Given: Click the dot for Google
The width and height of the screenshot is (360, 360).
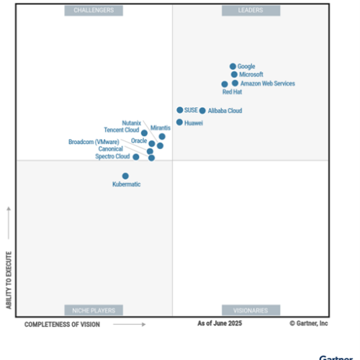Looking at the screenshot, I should [233, 66].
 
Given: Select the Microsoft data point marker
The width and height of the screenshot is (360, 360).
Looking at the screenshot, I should [234, 74].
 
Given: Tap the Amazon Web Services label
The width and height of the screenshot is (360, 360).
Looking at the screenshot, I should [267, 84].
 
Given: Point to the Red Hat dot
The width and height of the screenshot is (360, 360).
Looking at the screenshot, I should [225, 84].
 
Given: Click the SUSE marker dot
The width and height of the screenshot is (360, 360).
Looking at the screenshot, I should [179, 110].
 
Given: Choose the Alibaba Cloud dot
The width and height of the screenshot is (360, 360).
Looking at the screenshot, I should [202, 111].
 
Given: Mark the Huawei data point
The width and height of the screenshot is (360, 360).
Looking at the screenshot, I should [179, 122].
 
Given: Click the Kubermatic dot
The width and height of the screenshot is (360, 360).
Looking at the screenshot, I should [125, 176].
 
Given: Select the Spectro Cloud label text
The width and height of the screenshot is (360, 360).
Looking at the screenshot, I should [112, 156].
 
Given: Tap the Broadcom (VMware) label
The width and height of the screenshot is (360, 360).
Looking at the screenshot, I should [94, 142].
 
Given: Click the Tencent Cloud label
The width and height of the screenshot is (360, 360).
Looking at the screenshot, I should [122, 130].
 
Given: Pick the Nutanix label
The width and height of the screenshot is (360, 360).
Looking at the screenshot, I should [132, 123].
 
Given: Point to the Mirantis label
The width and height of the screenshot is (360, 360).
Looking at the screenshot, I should [161, 127].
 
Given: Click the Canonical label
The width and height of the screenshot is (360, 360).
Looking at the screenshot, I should [111, 149].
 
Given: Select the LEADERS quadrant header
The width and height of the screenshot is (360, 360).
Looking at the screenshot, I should [251, 10].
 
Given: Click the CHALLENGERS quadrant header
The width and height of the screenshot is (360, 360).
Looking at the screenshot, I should [94, 10].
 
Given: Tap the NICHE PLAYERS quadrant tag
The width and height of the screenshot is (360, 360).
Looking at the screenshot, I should [94, 310].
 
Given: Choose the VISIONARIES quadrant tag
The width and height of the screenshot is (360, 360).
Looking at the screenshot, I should [251, 310].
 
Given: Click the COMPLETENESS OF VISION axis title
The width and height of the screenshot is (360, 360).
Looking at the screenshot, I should [63, 325].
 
